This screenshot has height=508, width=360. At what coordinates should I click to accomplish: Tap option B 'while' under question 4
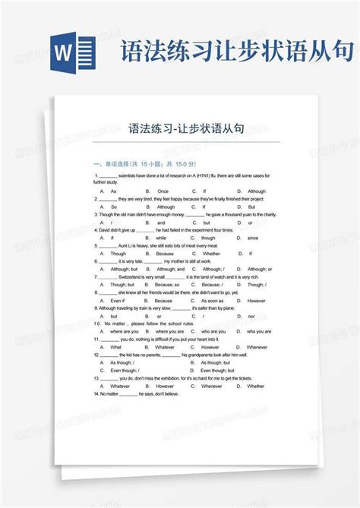160,238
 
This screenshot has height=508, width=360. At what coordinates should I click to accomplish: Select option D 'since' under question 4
253,238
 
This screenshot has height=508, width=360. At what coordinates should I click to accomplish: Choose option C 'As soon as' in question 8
213,301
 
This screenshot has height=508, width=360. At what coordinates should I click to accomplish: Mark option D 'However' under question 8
257,301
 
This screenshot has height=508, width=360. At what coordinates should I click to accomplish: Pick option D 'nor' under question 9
251,316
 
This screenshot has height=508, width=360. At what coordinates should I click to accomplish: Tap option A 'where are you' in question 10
125,332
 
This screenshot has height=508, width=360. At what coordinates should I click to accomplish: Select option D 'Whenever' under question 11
257,347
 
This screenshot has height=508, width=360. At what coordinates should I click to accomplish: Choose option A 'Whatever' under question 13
121,387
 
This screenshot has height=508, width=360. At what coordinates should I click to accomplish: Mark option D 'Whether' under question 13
256,387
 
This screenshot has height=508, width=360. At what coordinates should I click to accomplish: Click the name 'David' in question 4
106,229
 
